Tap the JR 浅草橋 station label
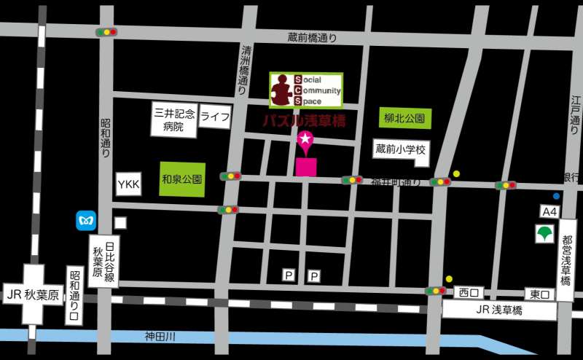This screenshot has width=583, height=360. (x=500, y=311)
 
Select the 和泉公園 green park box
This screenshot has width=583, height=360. (x=181, y=179)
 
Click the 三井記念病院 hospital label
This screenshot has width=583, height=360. (x=174, y=120)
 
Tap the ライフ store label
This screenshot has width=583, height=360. (x=215, y=117)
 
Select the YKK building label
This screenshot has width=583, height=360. (x=128, y=184)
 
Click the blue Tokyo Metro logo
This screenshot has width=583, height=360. (x=86, y=220)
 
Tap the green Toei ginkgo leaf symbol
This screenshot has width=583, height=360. (x=544, y=235)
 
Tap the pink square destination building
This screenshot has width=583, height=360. (x=306, y=167)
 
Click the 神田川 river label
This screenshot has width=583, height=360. (x=160, y=337)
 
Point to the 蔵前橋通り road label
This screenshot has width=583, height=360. (x=313, y=38)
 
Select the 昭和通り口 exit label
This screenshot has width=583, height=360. (x=74, y=296)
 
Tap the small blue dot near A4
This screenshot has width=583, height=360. (x=556, y=196)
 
